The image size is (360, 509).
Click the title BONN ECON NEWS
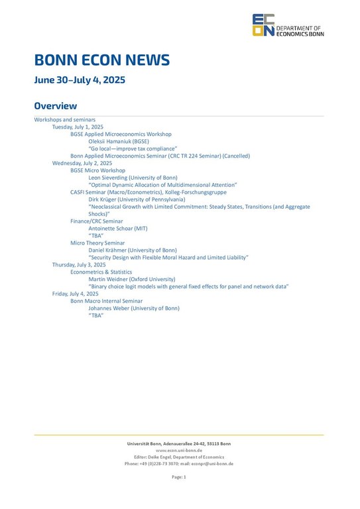tap(102, 61)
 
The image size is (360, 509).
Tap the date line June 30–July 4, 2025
tap(80, 81)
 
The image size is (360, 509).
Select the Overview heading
tap(56, 106)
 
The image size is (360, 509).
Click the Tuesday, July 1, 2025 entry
tap(78, 127)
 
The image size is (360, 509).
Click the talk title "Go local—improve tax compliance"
tap(133, 148)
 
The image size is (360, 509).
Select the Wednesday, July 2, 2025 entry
tap(82, 163)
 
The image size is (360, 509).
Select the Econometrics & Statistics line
tap(101, 272)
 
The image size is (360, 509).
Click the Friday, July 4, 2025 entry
tap(76, 294)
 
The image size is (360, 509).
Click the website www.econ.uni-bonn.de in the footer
tap(179, 450)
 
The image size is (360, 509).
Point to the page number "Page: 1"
tap(179, 477)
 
